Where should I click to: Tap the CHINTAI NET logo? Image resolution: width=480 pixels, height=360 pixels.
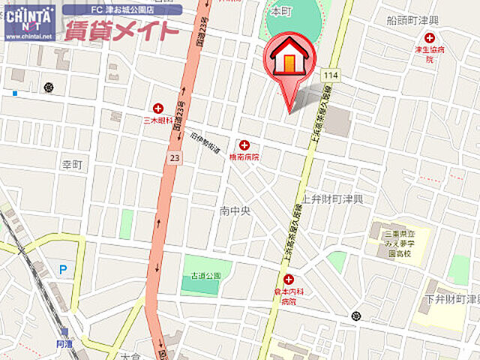tap(30, 22)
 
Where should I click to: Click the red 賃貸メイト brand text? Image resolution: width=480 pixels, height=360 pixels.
tap(122, 31)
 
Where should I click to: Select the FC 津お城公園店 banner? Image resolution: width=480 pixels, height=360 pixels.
tap(121, 10)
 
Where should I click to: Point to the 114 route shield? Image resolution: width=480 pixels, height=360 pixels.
tap(331, 75)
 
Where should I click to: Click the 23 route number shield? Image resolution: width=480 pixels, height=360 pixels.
tap(174, 157)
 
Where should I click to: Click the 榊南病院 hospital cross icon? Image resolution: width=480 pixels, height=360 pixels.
tap(244, 145)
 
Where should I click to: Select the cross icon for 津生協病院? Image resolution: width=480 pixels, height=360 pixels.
tap(429, 37)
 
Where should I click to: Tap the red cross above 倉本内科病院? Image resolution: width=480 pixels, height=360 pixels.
tap(288, 280)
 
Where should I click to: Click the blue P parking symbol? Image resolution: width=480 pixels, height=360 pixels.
tap(63, 268)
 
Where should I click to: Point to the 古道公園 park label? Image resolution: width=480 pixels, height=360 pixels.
tap(205, 276)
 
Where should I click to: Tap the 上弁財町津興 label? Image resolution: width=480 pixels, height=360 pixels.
tap(331, 199)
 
